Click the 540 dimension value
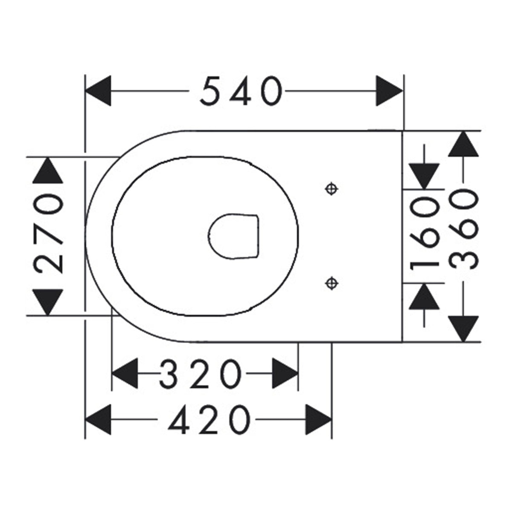(x=241, y=91)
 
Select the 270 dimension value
(x=48, y=233)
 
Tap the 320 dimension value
(x=201, y=374)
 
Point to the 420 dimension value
(x=209, y=419)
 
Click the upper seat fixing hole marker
(x=332, y=189)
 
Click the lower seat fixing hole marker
(x=332, y=283)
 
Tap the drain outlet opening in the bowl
(x=233, y=236)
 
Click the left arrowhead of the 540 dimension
(x=98, y=91)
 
